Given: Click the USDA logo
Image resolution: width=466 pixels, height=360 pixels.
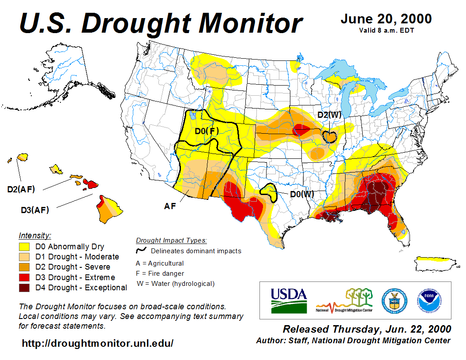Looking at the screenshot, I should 289,300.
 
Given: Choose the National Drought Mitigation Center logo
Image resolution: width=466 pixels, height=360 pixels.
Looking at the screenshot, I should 345,300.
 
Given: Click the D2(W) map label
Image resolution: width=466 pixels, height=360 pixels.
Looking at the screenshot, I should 330,115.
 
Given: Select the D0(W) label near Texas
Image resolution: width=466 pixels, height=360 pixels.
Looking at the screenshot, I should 302,194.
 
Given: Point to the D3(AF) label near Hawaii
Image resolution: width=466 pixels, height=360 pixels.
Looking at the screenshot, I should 35,210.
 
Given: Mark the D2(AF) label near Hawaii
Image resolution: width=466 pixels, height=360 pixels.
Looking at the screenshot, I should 21,189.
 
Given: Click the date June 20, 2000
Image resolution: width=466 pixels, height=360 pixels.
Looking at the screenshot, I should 386,19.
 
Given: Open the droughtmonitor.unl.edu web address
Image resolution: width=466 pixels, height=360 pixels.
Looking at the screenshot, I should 98,343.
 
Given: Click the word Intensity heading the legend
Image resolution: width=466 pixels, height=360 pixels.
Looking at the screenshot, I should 35,235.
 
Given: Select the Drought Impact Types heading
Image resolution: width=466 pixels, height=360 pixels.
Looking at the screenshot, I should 171,240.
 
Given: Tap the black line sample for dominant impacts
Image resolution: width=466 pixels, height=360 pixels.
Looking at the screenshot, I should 141,251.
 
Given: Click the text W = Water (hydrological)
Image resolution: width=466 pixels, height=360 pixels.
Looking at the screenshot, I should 176,284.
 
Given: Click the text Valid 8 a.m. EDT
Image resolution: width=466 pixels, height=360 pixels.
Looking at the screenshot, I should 386,30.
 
